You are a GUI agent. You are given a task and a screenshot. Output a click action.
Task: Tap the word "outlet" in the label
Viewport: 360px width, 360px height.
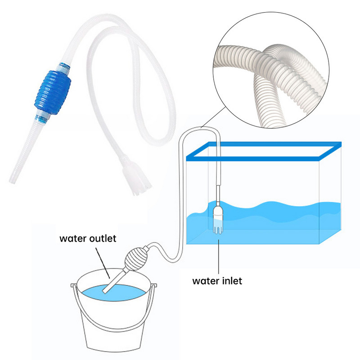(x=103, y=238)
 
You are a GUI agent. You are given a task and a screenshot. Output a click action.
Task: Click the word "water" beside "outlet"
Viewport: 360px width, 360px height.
(x=73, y=239)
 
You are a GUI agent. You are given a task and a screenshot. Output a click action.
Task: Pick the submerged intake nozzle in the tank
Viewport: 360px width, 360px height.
(x=218, y=220)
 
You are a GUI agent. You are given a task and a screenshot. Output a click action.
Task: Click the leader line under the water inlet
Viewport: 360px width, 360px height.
(x=219, y=256)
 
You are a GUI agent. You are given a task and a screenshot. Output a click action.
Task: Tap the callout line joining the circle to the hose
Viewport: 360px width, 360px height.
(x=213, y=117)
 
